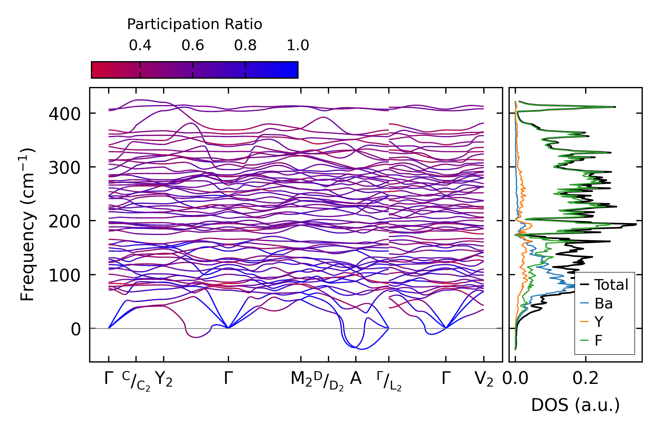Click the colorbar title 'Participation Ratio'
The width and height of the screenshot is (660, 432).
[195, 24]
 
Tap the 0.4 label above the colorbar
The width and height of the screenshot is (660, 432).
[140, 45]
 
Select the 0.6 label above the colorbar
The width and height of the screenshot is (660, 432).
[193, 45]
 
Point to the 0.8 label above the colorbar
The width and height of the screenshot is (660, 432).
[245, 45]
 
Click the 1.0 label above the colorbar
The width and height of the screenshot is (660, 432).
[298, 45]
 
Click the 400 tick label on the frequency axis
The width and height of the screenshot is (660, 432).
[64, 114]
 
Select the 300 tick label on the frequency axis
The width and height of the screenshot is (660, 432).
[64, 168]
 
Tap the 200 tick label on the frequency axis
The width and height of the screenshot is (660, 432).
[64, 222]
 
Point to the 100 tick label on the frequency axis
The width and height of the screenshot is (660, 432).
[64, 276]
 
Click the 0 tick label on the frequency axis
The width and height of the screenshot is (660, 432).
[76, 330]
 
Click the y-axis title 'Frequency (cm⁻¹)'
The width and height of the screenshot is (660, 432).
[28, 225]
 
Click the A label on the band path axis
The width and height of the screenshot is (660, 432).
[356, 379]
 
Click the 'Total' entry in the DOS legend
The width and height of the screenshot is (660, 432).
[611, 285]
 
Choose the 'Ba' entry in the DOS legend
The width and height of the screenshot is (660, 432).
[604, 303]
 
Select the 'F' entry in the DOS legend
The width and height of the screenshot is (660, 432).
[599, 340]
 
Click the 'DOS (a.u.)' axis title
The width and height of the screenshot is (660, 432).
[575, 405]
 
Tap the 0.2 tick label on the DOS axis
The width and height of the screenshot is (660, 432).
[585, 379]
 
